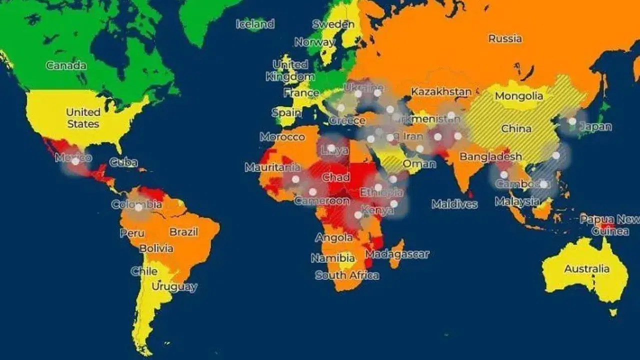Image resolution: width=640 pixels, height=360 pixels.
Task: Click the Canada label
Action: tap(66, 65)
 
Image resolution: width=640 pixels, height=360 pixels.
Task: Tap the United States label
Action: tap(83, 118)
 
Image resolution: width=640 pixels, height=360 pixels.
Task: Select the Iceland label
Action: tap(255, 24)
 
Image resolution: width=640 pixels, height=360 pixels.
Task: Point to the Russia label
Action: tap(505, 38)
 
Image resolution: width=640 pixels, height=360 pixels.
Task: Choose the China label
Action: tap(516, 128)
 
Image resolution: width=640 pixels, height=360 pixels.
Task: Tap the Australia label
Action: tap(586, 269)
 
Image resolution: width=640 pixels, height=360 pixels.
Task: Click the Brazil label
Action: tap(183, 232)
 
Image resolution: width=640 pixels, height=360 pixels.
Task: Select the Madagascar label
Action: tap(397, 254)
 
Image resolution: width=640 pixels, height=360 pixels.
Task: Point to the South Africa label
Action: tap(347, 275)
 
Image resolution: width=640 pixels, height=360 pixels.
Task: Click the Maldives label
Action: tap(454, 204)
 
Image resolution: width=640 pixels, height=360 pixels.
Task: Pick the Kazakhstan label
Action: tap(441, 92)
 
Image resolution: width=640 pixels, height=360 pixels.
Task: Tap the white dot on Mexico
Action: tap(75, 161)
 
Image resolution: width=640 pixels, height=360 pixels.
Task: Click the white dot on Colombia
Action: tap(138, 207)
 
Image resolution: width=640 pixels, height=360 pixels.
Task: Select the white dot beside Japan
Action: tap(572, 121)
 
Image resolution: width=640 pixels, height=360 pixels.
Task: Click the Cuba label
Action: tap(123, 162)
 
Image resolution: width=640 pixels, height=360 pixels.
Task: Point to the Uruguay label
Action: tap(174, 287)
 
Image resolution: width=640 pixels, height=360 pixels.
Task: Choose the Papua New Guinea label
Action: tap(609, 225)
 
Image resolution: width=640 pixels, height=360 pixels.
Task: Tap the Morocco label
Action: tap(282, 136)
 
